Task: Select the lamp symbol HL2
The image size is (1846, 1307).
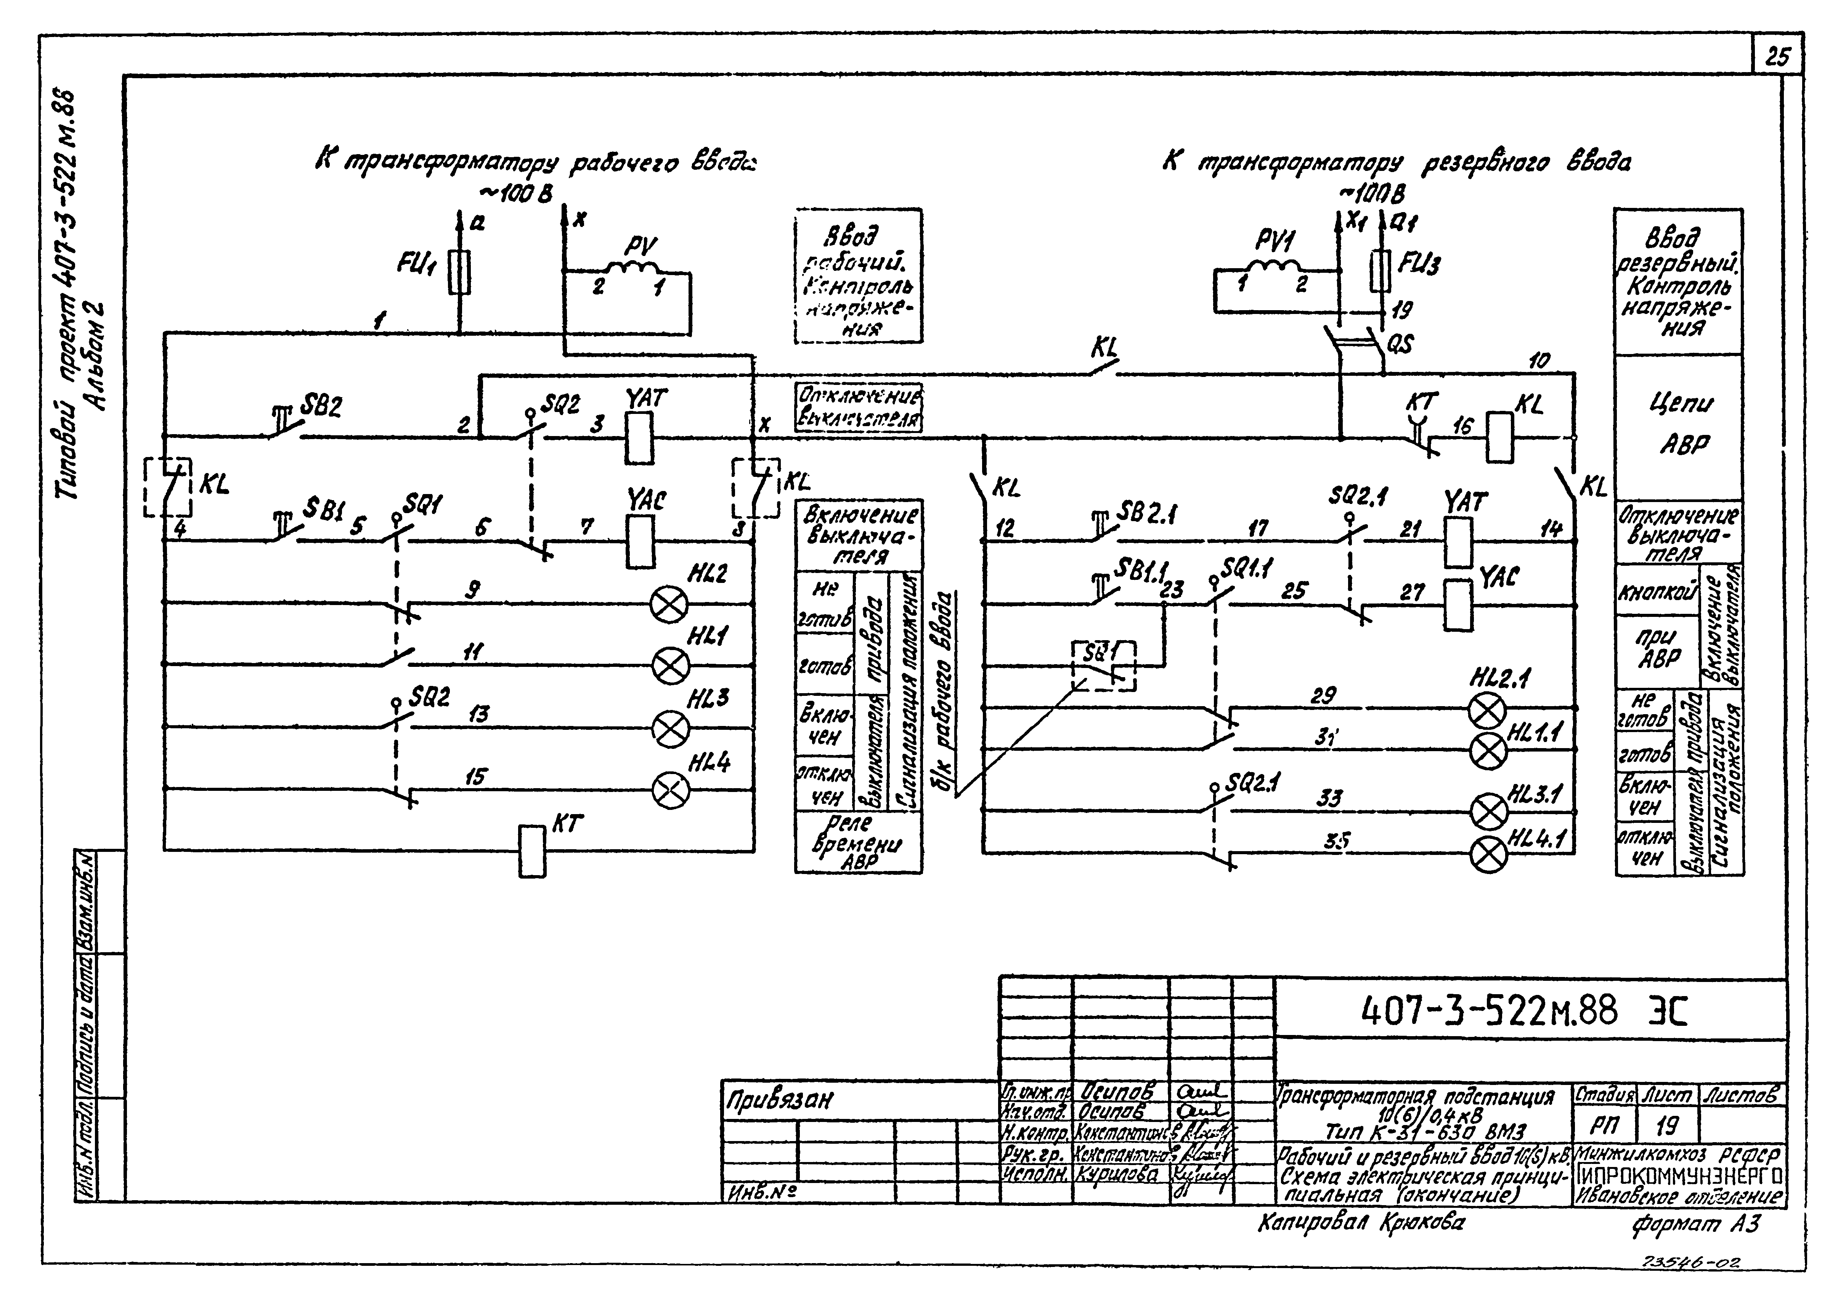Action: coord(669,604)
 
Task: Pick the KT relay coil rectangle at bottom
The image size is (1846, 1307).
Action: coord(532,851)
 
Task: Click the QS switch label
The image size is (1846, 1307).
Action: coord(1400,344)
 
